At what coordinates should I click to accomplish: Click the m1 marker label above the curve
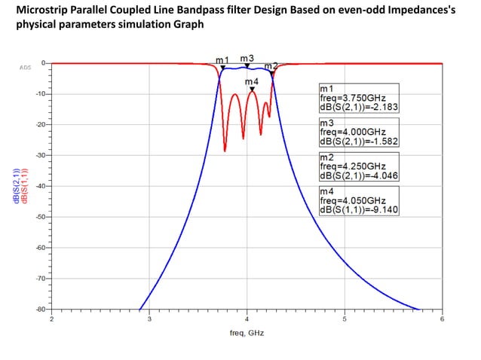(222, 59)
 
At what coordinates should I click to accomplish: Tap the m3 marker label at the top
(247, 57)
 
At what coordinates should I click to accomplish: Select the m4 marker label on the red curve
(252, 81)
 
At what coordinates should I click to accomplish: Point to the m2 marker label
(271, 66)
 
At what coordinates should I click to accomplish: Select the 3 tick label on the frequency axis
(149, 319)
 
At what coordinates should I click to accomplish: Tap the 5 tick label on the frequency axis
(345, 319)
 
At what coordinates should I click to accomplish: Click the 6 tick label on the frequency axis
(442, 319)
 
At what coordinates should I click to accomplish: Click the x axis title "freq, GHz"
(246, 332)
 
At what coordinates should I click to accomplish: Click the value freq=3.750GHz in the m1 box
(353, 98)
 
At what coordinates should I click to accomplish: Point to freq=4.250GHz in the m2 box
(353, 166)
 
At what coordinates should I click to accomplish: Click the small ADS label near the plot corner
(24, 67)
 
